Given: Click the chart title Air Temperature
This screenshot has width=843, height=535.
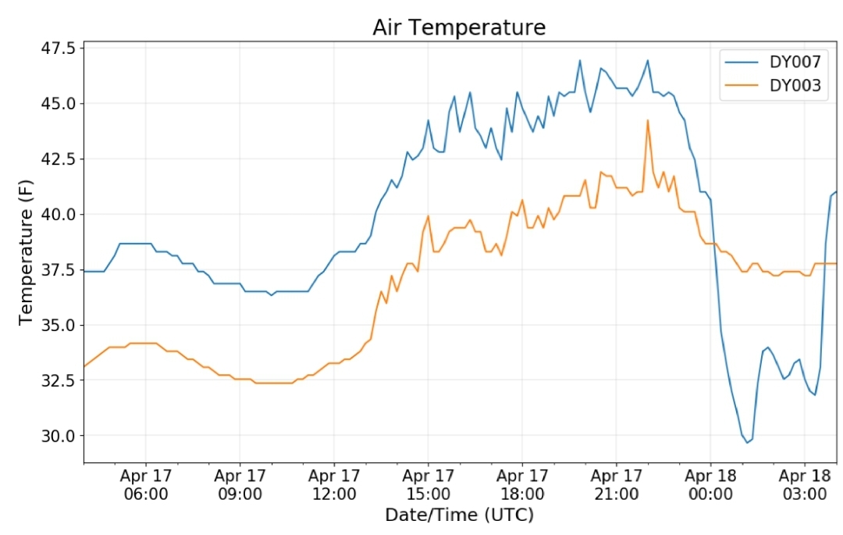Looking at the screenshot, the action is [x=459, y=27].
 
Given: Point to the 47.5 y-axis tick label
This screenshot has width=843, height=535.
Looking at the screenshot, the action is [x=59, y=48].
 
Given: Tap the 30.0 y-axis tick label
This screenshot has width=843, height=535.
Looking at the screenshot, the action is [x=59, y=436].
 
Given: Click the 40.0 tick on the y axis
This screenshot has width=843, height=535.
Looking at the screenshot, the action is [x=59, y=214].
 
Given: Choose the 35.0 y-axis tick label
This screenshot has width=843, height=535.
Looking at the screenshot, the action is [x=59, y=325].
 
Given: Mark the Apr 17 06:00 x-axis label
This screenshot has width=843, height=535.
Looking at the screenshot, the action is [x=146, y=484].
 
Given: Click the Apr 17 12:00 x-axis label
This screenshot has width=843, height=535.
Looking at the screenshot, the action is [x=334, y=484].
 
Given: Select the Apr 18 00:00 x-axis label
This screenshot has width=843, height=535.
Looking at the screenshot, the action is [x=710, y=484].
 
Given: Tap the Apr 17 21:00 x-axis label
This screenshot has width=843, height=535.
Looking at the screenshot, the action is [x=616, y=484].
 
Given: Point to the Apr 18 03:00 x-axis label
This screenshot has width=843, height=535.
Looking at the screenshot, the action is [x=804, y=484].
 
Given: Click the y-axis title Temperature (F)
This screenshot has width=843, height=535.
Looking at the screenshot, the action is [x=26, y=252].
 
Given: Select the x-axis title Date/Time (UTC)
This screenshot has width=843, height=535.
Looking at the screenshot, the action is [x=459, y=515].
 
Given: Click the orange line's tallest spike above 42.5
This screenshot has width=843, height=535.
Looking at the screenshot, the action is [x=647, y=120].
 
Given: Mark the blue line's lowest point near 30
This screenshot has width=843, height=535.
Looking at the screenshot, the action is [x=747, y=443].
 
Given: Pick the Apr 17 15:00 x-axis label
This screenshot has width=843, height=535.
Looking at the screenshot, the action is [x=428, y=484].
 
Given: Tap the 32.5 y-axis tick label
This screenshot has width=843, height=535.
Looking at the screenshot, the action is [x=59, y=380].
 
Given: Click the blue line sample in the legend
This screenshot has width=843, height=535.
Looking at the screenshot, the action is [x=742, y=62].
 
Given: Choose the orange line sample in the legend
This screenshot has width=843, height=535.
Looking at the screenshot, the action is [x=742, y=85].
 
